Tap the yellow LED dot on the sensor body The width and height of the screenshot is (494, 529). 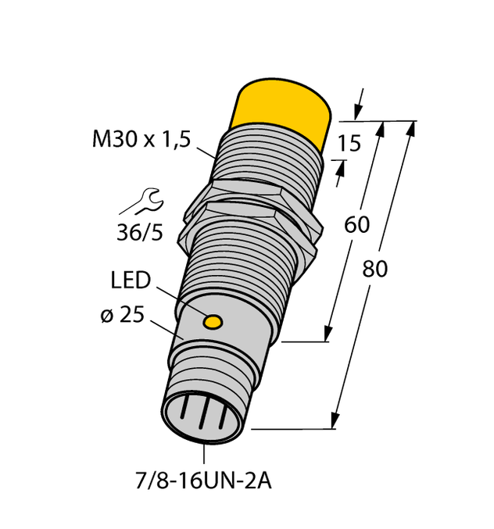(x=211, y=321)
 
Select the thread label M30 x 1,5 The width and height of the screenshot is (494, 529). (x=141, y=140)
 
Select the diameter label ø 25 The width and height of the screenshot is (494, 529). (x=121, y=316)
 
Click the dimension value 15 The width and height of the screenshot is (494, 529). (x=350, y=145)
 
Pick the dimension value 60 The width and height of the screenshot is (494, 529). (x=356, y=226)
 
